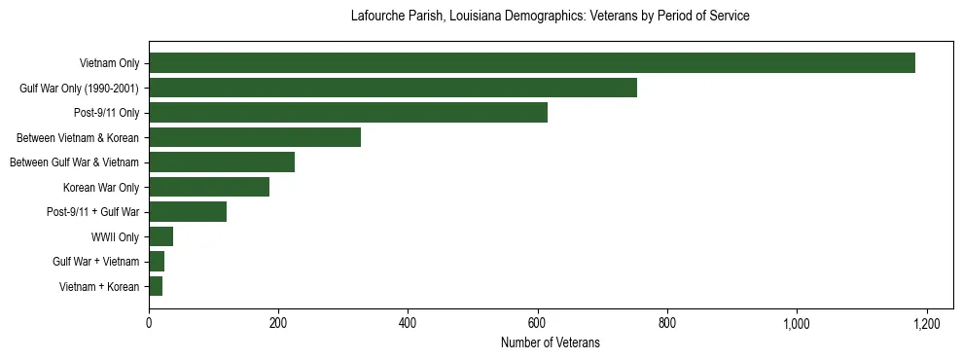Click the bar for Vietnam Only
click(x=531, y=63)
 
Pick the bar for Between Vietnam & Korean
click(x=255, y=137)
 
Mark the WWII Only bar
click(x=160, y=236)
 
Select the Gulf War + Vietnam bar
click(x=157, y=262)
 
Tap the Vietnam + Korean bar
click(x=156, y=286)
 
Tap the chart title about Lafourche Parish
click(x=550, y=17)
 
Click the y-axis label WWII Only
click(x=115, y=236)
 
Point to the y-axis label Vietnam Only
click(x=109, y=63)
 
